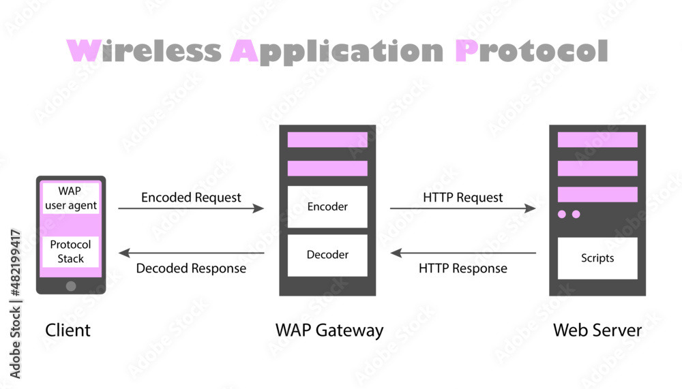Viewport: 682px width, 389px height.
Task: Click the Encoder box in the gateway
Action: pos(327,206)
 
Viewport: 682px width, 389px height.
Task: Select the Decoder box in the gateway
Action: pos(327,255)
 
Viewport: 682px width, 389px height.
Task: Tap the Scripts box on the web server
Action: pos(597,258)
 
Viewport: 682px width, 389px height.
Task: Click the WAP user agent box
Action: pos(70,198)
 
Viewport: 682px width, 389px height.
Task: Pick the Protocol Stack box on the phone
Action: pos(70,251)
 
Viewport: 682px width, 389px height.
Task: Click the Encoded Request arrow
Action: pos(191,208)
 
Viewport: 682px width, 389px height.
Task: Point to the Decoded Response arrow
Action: pos(191,253)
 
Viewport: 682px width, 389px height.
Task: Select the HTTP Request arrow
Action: pos(462,208)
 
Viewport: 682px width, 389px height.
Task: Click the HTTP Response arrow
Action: pos(462,253)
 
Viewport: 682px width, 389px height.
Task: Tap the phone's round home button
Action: pos(71,286)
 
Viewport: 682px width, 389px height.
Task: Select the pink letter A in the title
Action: pos(243,51)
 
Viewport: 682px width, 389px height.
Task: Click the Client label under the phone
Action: pos(68,330)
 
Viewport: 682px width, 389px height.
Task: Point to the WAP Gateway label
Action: pos(329,330)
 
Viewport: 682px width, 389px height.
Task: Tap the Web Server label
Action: pos(597,330)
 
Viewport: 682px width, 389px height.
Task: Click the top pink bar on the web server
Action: pos(597,140)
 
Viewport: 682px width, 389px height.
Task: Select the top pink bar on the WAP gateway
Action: pos(327,140)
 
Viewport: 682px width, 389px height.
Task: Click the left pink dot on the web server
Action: pos(562,215)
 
